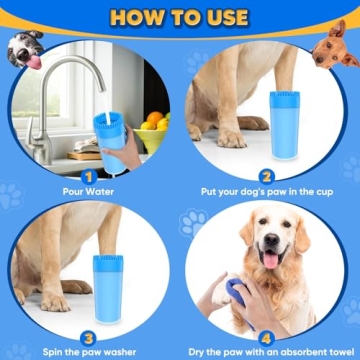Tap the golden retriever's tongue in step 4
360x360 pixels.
(x=269, y=261)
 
